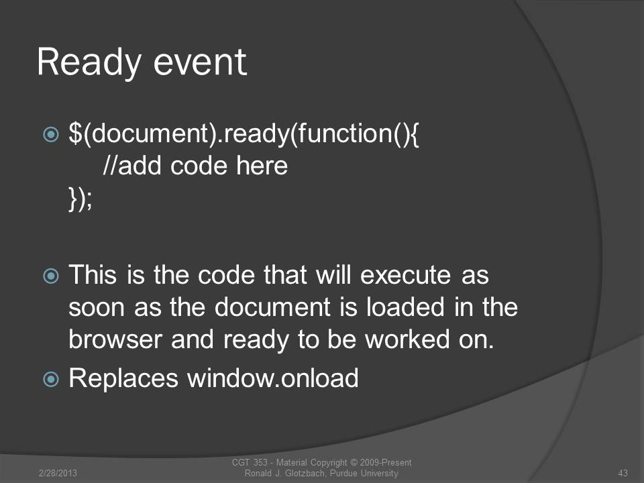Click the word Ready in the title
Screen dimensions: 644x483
pos(89,62)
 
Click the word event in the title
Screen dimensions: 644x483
pos(200,62)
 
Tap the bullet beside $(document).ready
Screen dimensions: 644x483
pos(51,134)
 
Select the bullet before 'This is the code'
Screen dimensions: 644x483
pos(51,276)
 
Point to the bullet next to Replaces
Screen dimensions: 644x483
pos(51,379)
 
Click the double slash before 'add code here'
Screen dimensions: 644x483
pos(110,166)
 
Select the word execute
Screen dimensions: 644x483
pos(405,275)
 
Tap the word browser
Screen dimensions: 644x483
pos(115,339)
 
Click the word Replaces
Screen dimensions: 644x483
pos(123,378)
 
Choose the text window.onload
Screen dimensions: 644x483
pos(273,378)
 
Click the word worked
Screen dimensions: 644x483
pos(407,339)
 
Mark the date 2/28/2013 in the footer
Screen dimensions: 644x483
pos(58,473)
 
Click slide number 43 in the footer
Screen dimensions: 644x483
pos(623,473)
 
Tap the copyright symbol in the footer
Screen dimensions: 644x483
pos(354,463)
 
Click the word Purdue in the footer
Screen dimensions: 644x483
pos(343,473)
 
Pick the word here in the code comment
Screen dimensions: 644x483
pos(262,166)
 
